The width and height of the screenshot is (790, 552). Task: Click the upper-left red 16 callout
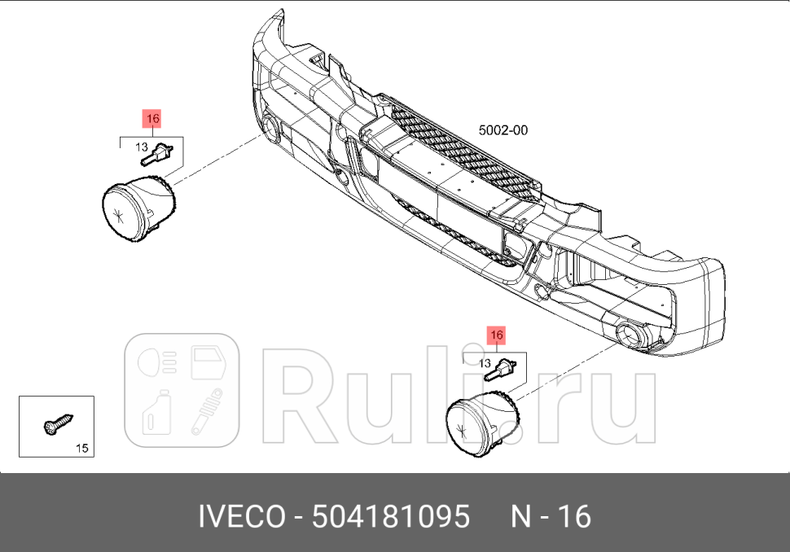[x=152, y=119]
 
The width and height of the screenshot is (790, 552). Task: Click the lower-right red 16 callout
[x=496, y=335]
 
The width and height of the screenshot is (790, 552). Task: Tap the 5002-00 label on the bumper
[x=503, y=129]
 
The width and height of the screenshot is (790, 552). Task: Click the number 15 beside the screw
[x=81, y=448]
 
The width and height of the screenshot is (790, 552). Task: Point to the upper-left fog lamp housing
[x=138, y=209]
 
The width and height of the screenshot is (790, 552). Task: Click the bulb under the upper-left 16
[x=160, y=152]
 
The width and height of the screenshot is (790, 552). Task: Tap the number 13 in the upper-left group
[x=141, y=148]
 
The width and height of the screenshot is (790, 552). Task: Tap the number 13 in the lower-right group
[x=484, y=363]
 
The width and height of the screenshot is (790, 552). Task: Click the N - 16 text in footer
[x=551, y=517]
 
